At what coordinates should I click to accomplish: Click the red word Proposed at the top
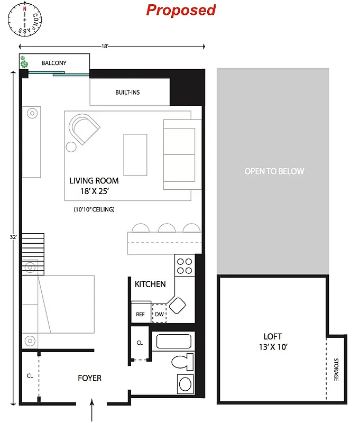click(181, 10)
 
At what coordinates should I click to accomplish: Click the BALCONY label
click(54, 63)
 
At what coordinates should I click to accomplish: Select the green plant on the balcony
click(24, 63)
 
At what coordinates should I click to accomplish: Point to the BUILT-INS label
click(127, 93)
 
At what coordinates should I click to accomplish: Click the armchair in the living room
click(84, 129)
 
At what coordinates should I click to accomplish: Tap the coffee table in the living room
click(135, 154)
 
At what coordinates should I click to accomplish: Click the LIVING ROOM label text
click(94, 181)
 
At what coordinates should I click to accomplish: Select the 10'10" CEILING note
click(94, 209)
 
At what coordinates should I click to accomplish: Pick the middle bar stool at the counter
click(167, 228)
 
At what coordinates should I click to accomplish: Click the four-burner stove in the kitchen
click(184, 265)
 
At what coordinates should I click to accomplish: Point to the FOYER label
click(89, 378)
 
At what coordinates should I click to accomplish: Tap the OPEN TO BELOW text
click(274, 171)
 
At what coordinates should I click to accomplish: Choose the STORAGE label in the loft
click(336, 370)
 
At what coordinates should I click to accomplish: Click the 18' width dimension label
click(105, 47)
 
